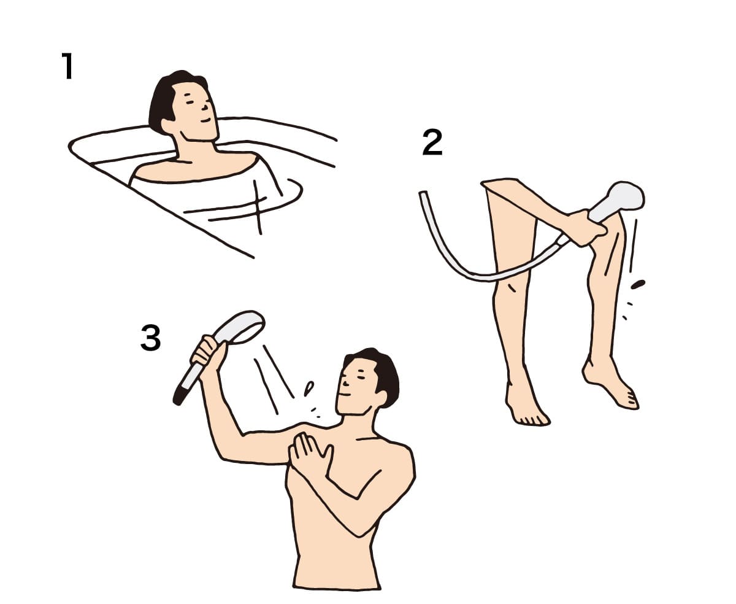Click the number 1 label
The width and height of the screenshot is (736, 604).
click(x=67, y=66)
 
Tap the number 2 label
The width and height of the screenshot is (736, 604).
click(x=432, y=142)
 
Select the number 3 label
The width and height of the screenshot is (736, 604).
click(x=150, y=338)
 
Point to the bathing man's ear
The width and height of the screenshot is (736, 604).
click(x=168, y=126)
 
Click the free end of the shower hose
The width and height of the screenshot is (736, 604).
click(x=423, y=193)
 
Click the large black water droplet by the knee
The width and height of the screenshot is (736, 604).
click(x=638, y=284)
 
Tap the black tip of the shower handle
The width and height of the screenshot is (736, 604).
click(x=178, y=398)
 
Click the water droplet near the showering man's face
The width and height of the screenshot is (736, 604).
click(x=309, y=389)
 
